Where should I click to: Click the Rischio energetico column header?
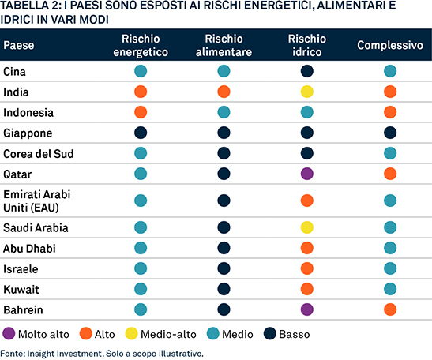(x=141, y=45)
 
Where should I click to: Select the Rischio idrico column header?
(x=307, y=45)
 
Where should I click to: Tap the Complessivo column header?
(x=390, y=45)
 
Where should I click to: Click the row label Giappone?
(x=28, y=133)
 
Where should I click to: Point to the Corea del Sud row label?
(x=38, y=154)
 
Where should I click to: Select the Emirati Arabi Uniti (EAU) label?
(x=36, y=201)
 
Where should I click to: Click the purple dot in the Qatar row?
(x=307, y=174)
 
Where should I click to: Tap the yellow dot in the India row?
(x=307, y=92)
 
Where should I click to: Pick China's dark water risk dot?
(x=307, y=71)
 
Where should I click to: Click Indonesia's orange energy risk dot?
(x=141, y=112)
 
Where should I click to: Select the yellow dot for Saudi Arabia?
(x=307, y=227)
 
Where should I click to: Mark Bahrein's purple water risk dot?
(x=307, y=309)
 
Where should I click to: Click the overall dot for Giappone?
(x=390, y=133)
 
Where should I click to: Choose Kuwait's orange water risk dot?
(x=307, y=289)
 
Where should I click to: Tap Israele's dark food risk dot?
(x=224, y=268)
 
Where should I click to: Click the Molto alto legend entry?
(x=36, y=334)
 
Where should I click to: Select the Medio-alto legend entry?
(x=160, y=334)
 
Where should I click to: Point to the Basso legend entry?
(x=287, y=334)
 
